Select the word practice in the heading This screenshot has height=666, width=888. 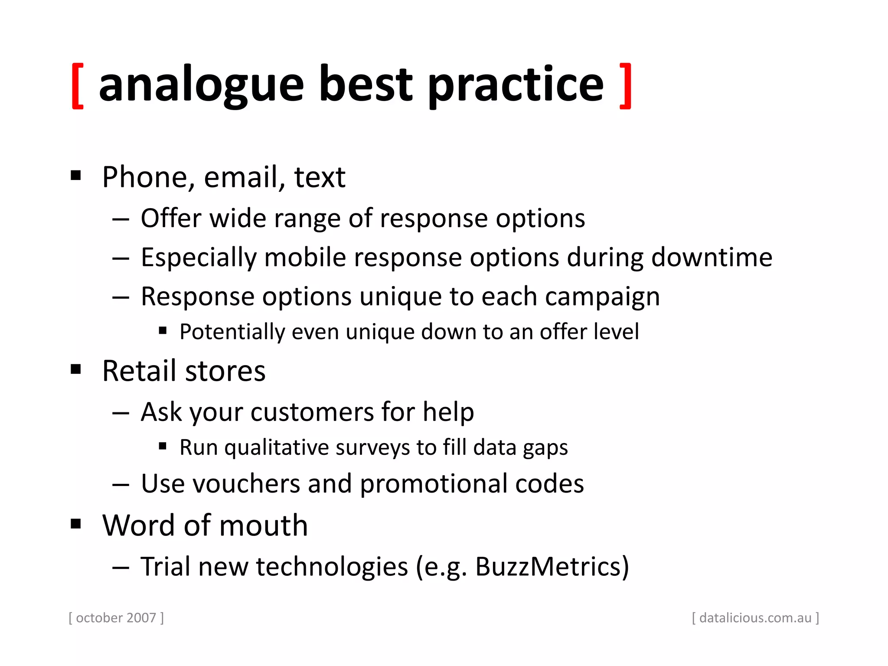coord(516,86)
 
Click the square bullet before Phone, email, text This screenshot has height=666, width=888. coord(76,176)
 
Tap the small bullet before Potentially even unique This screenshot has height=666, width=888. coord(163,331)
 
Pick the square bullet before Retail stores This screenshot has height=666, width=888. coord(76,369)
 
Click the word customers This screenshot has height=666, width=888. coord(312,412)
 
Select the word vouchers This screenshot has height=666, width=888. coord(246,484)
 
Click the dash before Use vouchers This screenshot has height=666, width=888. coord(121,485)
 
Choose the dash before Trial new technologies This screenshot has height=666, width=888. coord(121,568)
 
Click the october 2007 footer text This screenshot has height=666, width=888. coord(116,618)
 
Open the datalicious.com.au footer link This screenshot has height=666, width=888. coord(755,618)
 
